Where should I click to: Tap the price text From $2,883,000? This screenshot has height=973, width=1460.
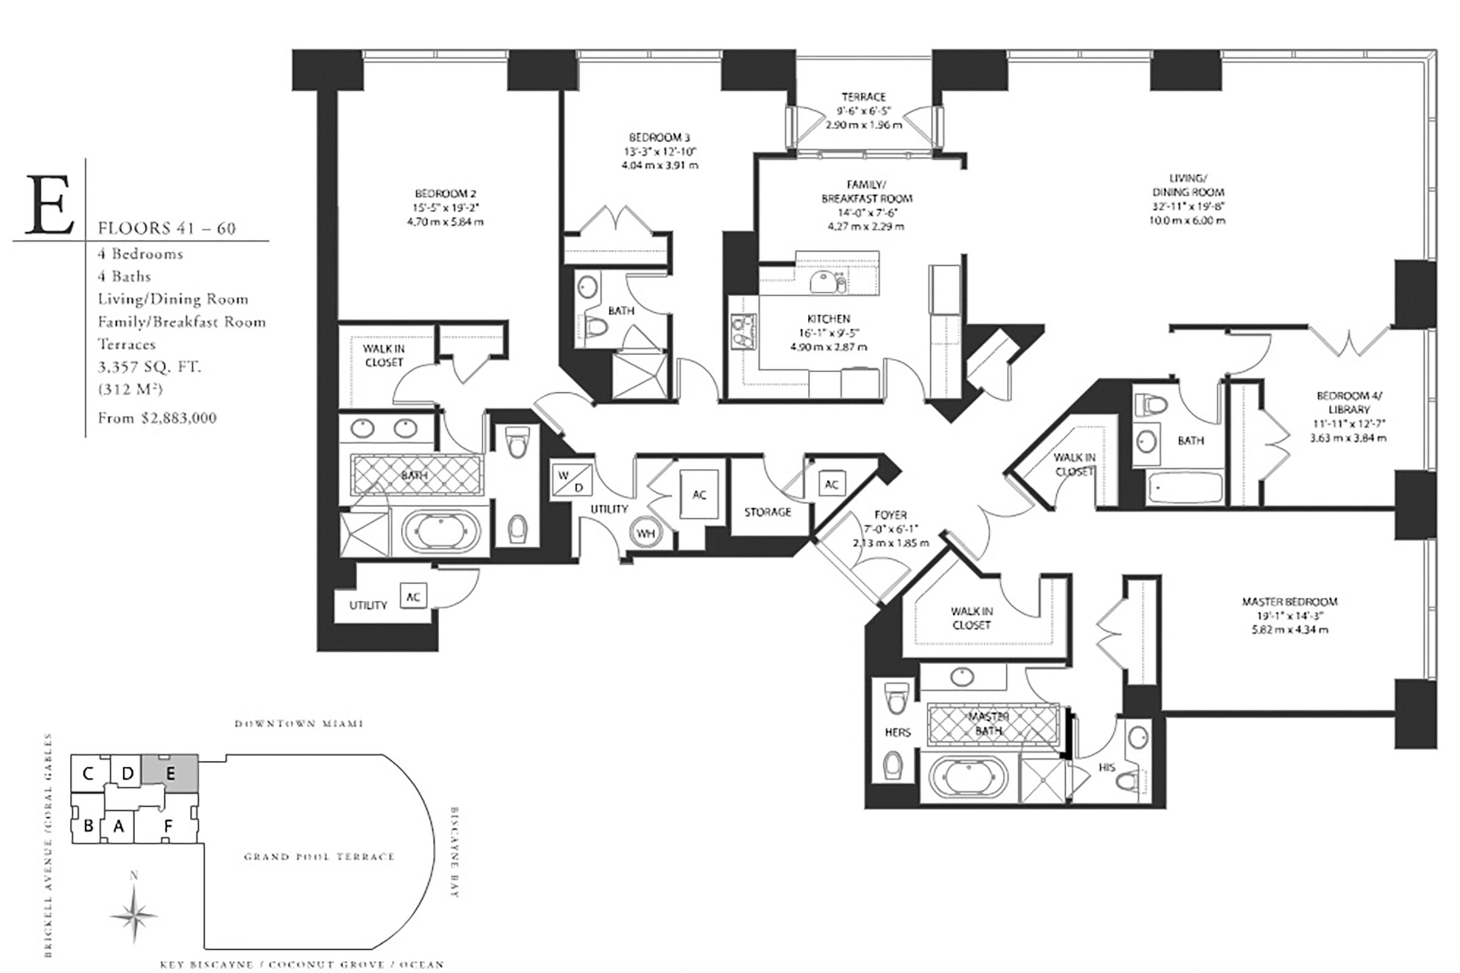coord(157,418)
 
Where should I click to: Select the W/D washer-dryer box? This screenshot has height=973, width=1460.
coord(571,481)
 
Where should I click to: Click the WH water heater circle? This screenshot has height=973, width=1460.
coord(645,533)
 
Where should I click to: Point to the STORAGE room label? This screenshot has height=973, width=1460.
coord(767,512)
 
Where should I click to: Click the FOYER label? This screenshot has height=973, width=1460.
coord(890,514)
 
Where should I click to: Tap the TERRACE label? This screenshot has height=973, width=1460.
coord(863,97)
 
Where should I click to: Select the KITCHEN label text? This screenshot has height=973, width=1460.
coord(829,318)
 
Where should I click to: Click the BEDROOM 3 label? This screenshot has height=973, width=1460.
coord(659,137)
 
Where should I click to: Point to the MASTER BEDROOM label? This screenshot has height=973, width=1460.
coord(1289,601)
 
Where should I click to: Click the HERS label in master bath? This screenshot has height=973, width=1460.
coord(897,732)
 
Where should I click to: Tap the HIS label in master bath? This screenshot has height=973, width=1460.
coord(1107,767)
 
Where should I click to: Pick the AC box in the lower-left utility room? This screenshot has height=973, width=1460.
coord(413,597)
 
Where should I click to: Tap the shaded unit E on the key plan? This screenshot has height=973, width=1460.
coord(170,773)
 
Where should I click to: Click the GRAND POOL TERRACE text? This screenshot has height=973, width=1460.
coord(319,857)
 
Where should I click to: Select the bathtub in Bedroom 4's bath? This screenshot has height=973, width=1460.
coord(1184,488)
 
